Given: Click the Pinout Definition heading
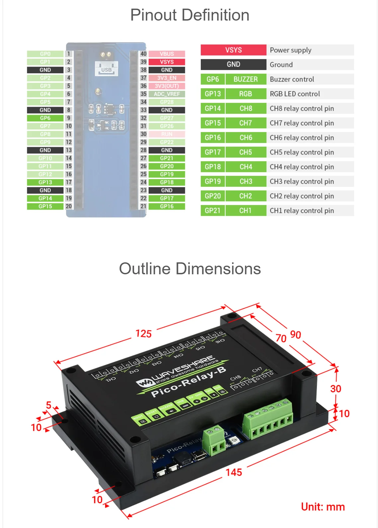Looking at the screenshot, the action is (189, 15).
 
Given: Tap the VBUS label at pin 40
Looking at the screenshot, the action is (167, 54).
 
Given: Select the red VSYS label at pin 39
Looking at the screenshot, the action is (167, 62).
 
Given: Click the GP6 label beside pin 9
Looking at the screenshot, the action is (45, 118).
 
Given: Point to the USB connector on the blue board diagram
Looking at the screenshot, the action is (106, 69).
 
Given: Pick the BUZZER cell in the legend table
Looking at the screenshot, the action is (246, 79).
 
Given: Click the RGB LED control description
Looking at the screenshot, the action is (295, 94).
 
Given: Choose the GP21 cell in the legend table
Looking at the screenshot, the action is (213, 211).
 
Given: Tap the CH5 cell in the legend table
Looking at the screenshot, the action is (246, 152).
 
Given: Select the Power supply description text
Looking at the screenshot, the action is (290, 50).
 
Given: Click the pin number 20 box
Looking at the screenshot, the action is (69, 206).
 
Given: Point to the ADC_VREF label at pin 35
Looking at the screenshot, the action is (167, 94).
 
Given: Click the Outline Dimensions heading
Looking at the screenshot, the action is (190, 269).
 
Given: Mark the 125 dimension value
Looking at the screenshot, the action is (143, 334).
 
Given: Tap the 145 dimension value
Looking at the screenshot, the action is (234, 472).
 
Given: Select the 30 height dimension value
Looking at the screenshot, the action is (336, 389).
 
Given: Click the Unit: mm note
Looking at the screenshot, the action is (323, 507).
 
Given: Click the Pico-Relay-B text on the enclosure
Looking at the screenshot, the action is (188, 382).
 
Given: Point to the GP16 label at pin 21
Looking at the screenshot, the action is (167, 206).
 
